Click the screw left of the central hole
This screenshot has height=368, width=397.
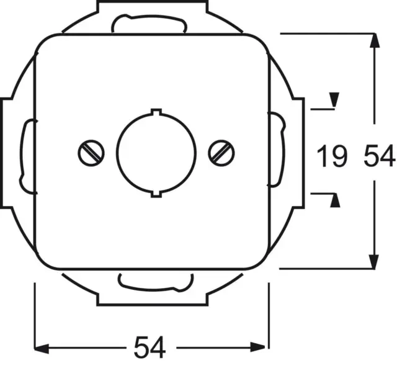(91, 153)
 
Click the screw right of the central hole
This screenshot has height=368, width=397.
(221, 153)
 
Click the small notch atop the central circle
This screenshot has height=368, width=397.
(156, 112)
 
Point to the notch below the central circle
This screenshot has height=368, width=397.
(156, 194)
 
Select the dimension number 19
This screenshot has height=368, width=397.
(331, 156)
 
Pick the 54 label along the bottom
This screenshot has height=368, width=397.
(150, 347)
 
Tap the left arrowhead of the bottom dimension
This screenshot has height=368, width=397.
(41, 348)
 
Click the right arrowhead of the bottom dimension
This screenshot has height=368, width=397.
(258, 347)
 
